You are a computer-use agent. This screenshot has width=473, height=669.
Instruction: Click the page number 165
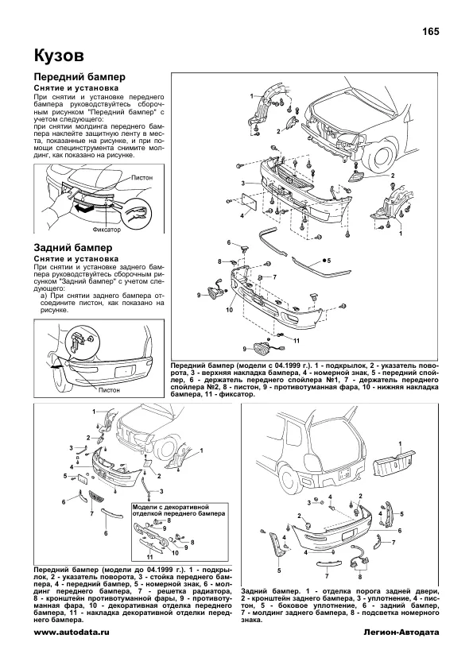point(430,32)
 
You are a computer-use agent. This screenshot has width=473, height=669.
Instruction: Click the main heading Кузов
point(59,56)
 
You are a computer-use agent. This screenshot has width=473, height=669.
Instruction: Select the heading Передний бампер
point(79,77)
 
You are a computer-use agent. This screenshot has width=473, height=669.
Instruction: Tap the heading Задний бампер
point(73,248)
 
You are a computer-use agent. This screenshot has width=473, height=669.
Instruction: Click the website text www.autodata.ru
point(72,632)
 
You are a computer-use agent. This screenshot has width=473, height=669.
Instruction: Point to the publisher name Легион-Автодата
point(401,632)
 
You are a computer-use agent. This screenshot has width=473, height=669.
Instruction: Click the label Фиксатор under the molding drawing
point(107,230)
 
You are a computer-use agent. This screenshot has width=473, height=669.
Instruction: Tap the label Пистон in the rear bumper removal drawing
point(109,390)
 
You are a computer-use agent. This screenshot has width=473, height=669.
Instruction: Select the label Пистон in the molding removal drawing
point(142,177)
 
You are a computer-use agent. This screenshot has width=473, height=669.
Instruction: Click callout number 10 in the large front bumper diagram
point(229,310)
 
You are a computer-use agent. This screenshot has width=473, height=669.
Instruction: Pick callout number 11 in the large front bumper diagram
point(297,341)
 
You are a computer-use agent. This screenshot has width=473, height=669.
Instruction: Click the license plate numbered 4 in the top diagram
point(249,201)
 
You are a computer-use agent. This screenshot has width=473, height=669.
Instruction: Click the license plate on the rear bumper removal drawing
point(126,370)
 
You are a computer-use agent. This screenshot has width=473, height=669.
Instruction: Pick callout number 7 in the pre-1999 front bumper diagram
point(91,514)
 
